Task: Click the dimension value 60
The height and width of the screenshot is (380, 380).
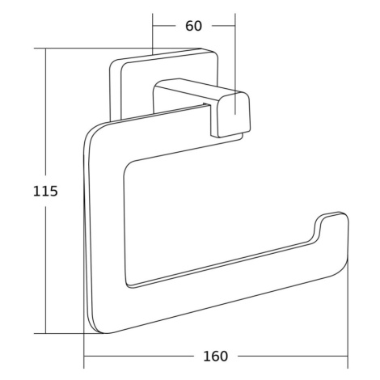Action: [193, 26]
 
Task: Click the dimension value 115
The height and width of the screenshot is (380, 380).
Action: [45, 191]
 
